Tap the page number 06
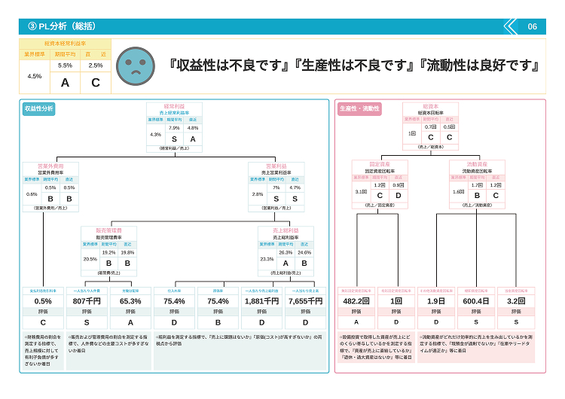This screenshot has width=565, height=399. click(x=532, y=26)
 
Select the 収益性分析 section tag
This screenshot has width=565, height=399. click(x=38, y=109)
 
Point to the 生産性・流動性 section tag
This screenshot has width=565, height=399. click(x=359, y=109)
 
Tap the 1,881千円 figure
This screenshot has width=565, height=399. click(x=261, y=300)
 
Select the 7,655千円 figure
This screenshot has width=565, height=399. click(x=304, y=300)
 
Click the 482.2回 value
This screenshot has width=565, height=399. click(x=358, y=300)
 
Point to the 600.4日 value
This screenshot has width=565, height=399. click(x=476, y=300)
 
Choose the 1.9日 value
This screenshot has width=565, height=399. click(x=436, y=300)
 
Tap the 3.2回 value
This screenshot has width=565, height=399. click(x=515, y=300)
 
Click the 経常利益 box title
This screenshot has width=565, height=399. click(x=174, y=106)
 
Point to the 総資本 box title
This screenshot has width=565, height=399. click(x=430, y=106)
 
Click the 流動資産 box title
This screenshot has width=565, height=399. click(x=477, y=163)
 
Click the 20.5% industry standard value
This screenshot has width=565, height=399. click(x=90, y=258)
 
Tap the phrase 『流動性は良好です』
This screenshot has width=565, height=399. click(x=480, y=65)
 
